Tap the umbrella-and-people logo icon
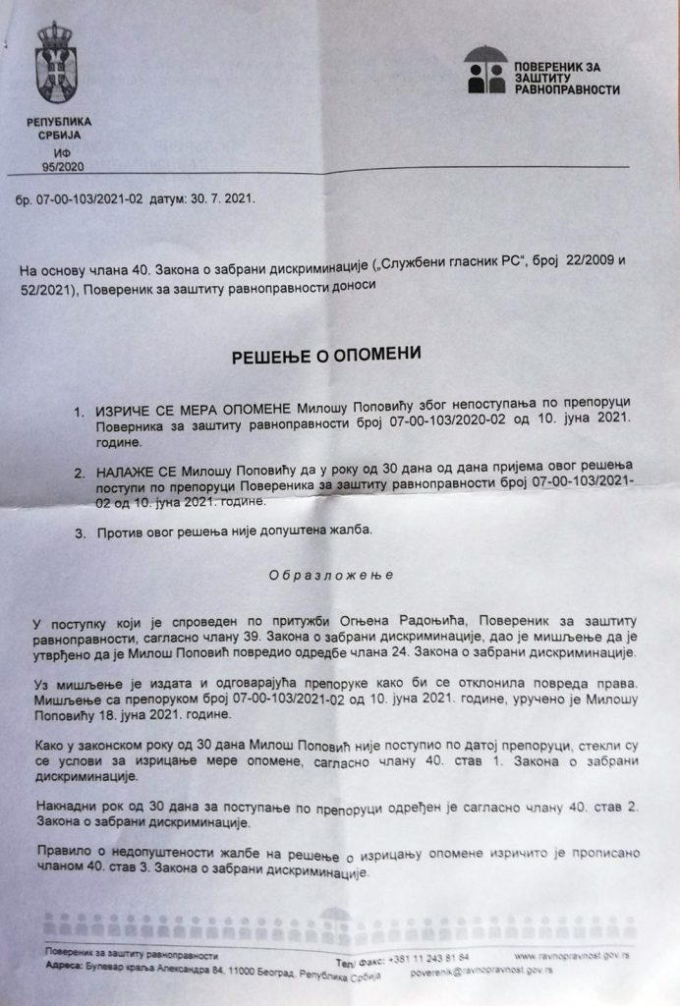coord(486,71)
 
